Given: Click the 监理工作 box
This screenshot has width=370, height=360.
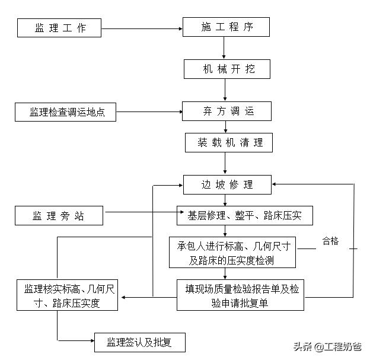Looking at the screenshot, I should (x=59, y=27).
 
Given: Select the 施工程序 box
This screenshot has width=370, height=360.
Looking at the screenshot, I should (x=227, y=27).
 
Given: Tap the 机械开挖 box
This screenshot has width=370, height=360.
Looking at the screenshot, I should (x=227, y=69).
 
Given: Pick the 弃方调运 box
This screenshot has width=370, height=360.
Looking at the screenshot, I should (x=227, y=111).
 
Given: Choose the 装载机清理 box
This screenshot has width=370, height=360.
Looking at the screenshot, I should (x=227, y=142).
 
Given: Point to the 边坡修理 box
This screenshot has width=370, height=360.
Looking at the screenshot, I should (x=227, y=184).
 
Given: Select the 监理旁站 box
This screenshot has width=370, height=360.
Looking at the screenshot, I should (x=59, y=216).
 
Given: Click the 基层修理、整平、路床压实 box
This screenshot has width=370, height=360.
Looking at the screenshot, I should (x=244, y=216).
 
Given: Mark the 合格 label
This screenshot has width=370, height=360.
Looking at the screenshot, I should (x=330, y=241).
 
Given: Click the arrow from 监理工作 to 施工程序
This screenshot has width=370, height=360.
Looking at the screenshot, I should (x=142, y=27).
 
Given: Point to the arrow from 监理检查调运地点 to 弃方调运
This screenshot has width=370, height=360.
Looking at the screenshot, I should (x=148, y=111).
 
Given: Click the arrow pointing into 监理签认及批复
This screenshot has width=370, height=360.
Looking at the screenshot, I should (x=77, y=341).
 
